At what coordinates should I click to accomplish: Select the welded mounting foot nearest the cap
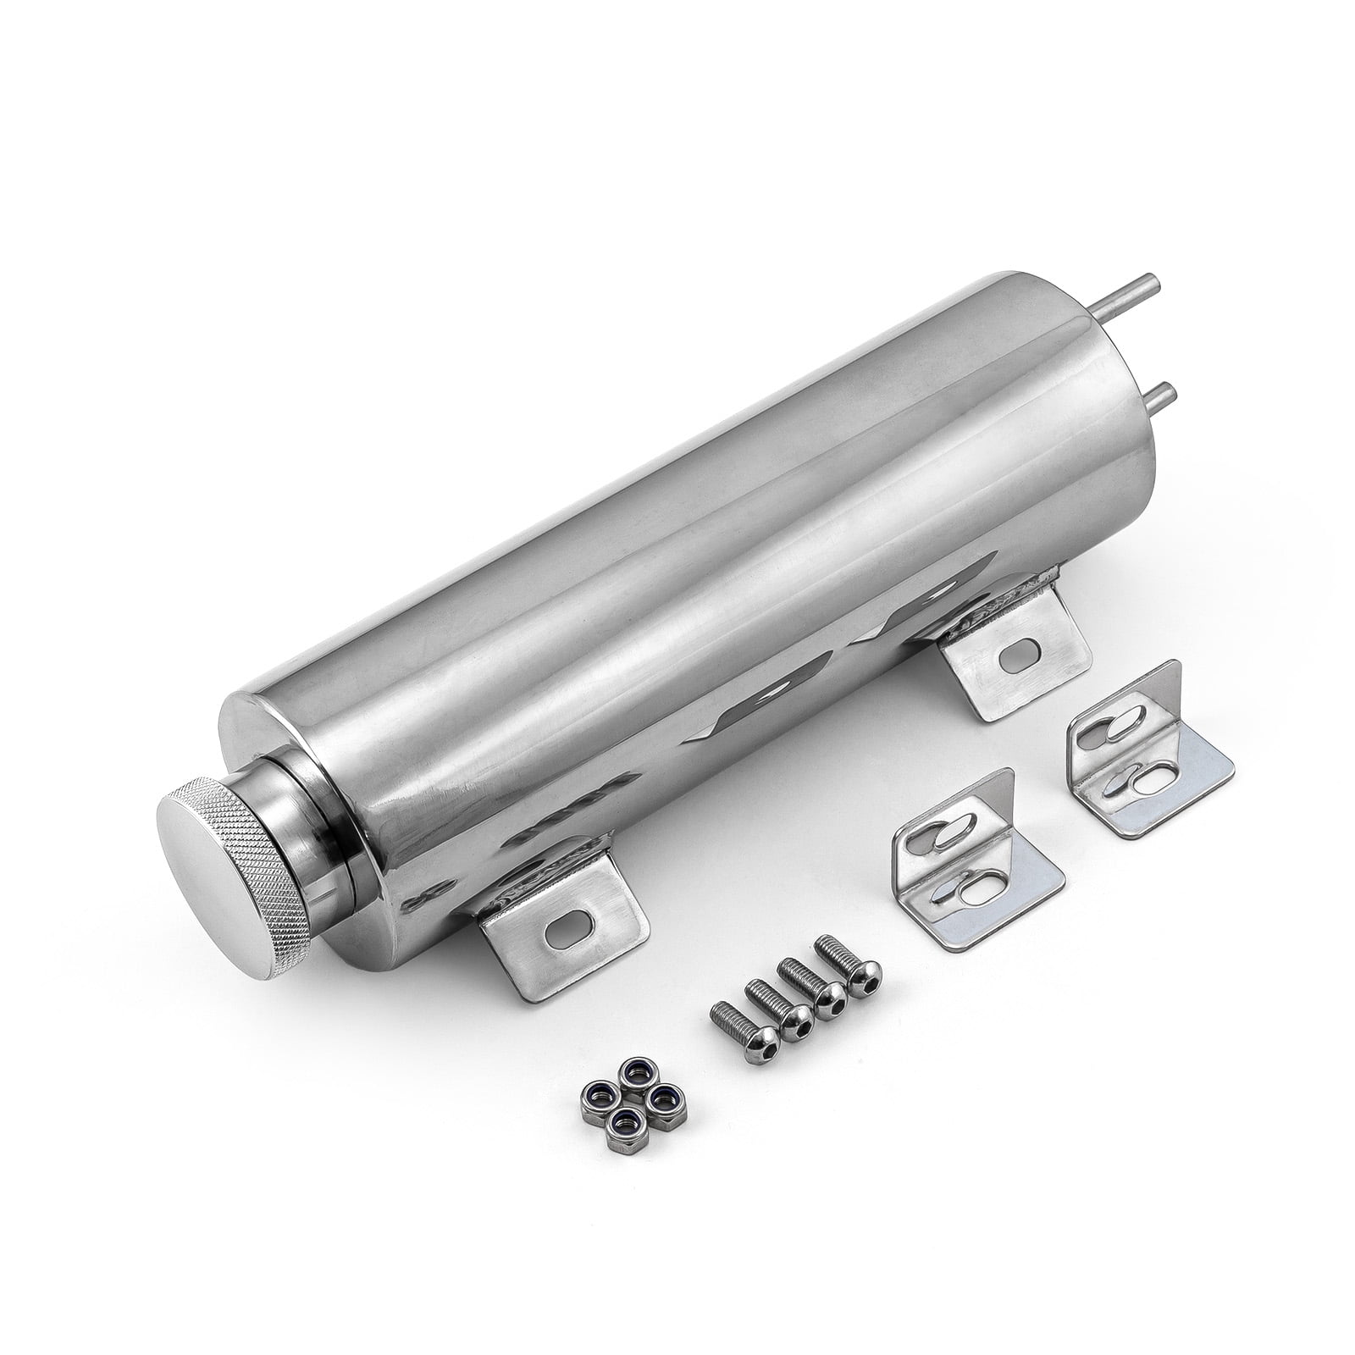click(x=542, y=932)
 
